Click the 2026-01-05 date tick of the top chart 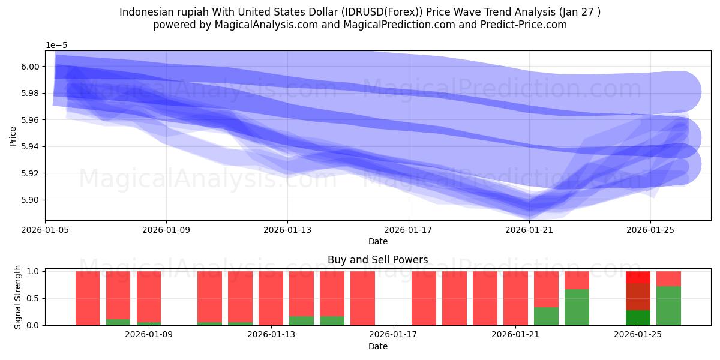46,229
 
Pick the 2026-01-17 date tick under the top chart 408,229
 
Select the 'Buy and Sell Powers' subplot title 378,260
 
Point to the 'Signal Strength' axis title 18,298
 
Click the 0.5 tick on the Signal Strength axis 34,298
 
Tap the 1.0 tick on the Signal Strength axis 34,271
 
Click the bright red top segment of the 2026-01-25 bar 638,277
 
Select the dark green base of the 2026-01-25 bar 638,318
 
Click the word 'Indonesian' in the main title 146,12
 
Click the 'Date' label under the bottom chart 378,346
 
